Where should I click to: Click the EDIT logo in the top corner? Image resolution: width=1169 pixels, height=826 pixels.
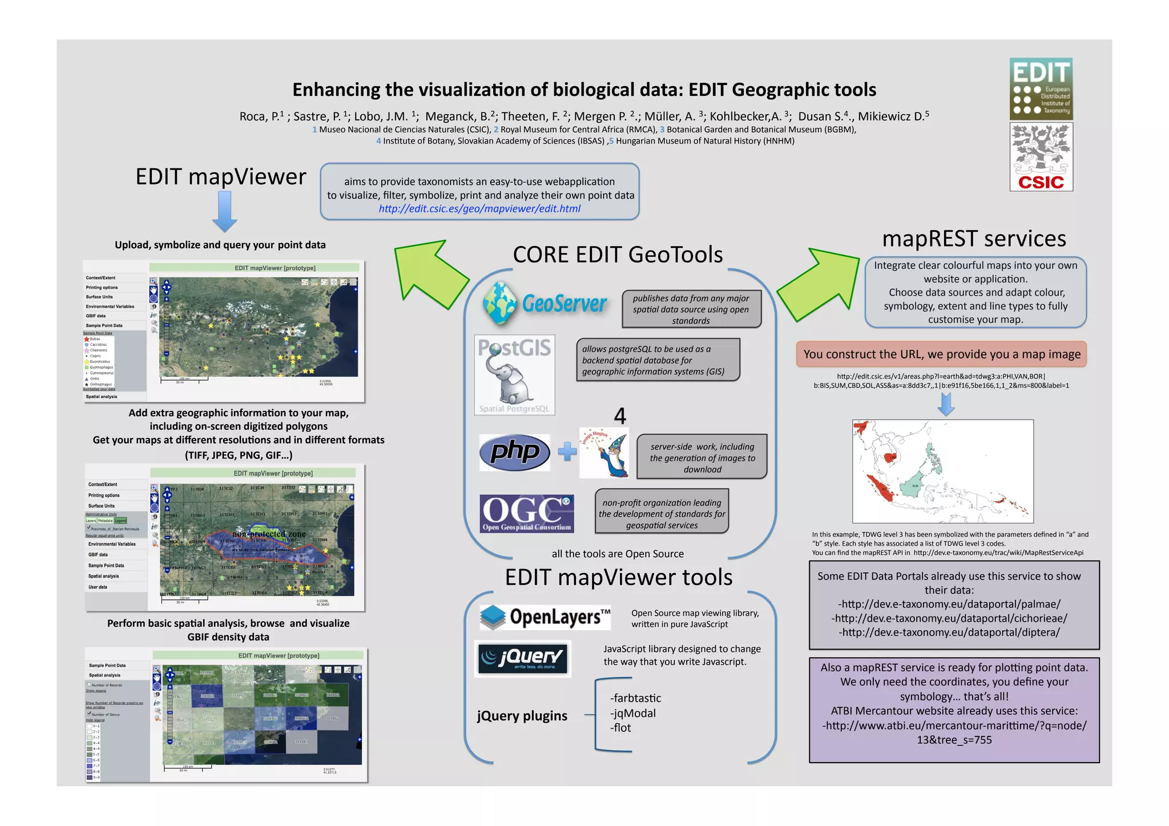(x=1041, y=88)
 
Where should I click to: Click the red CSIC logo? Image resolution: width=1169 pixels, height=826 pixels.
(x=1041, y=157)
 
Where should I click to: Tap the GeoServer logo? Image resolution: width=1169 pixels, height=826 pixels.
(x=544, y=303)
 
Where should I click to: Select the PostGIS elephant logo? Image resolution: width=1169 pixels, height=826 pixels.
(x=514, y=374)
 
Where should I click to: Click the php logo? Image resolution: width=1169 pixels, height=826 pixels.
(x=514, y=453)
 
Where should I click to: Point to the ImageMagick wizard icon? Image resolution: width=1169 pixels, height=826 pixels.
(x=604, y=453)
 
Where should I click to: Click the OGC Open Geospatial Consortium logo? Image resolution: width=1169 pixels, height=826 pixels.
(x=526, y=513)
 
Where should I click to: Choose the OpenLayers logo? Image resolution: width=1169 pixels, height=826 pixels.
(x=545, y=617)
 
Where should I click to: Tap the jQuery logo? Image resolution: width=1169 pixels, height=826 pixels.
(x=523, y=659)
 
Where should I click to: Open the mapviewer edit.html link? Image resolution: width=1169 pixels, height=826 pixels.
(x=479, y=209)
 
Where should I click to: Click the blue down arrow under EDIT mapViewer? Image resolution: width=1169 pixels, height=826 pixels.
(x=225, y=211)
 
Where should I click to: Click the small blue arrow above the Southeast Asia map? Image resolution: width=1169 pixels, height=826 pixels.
(x=946, y=404)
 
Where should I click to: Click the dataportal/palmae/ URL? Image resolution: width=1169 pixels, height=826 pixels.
(x=949, y=604)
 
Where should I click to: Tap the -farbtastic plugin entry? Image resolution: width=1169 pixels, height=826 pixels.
(x=635, y=698)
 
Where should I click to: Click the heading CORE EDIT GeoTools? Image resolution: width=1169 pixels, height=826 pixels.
(x=618, y=255)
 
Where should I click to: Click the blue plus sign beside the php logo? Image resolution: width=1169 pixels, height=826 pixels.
(x=567, y=452)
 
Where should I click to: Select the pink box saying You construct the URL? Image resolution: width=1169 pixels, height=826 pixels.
(x=942, y=354)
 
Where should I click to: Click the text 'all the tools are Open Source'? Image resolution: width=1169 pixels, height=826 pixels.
(x=618, y=554)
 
